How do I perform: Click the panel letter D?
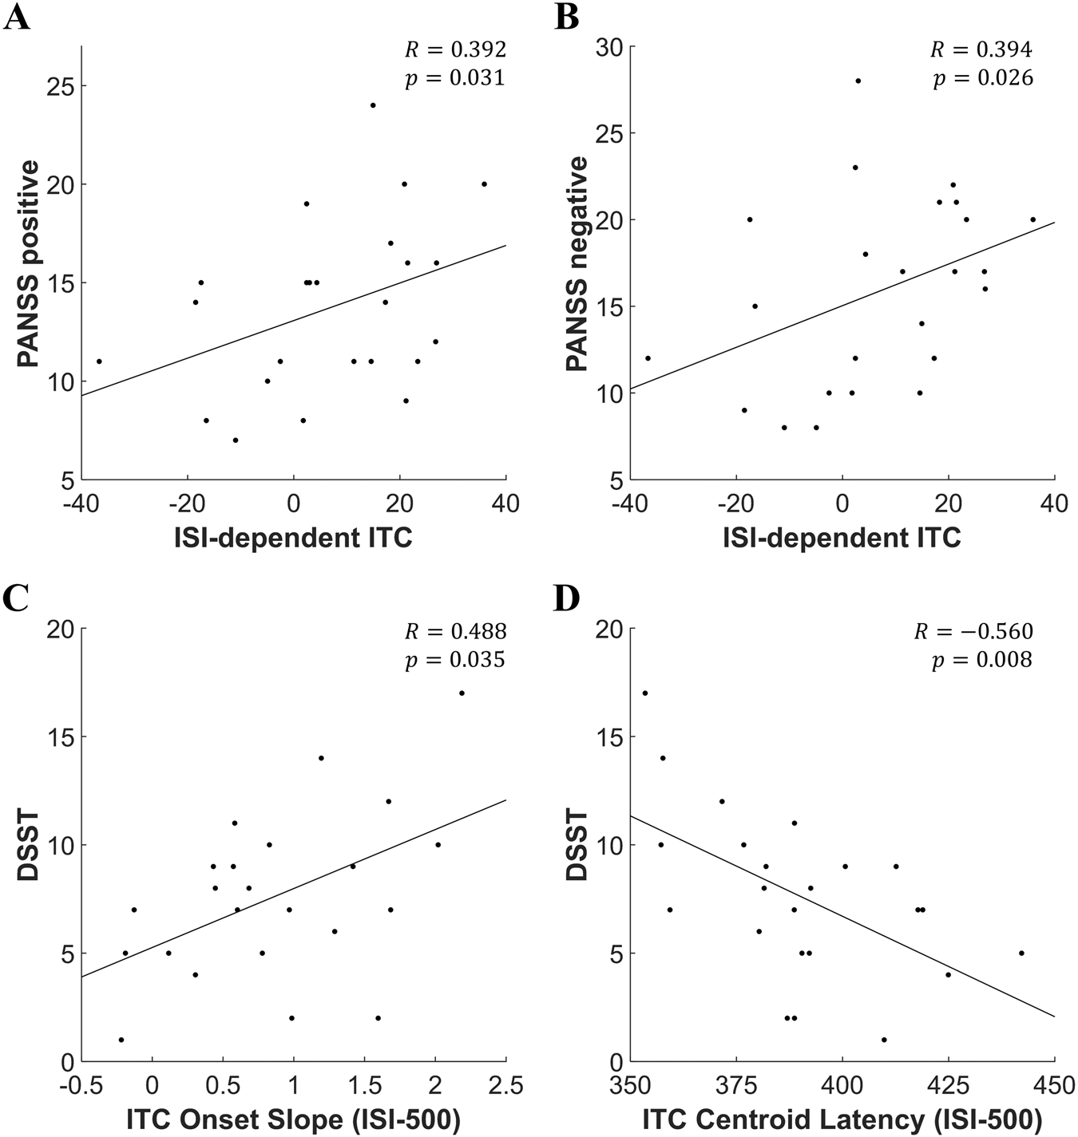pos(566,598)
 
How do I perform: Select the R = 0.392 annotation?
pos(455,50)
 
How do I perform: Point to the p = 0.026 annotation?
pos(983,78)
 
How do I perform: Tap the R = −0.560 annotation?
pos(973,632)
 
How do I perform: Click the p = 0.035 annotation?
pos(455,660)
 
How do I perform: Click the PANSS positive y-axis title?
pos(29,263)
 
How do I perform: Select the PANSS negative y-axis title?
pos(577,263)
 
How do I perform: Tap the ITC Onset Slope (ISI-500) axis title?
pos(293,1119)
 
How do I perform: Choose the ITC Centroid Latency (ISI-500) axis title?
pos(842,1119)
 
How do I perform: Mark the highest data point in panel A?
pos(372,105)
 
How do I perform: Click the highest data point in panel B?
pos(858,81)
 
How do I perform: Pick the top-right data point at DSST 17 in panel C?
pos(462,693)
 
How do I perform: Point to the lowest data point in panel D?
pos(884,1040)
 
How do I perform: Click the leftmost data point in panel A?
pos(99,361)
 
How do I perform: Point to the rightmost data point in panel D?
pos(1021,953)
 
